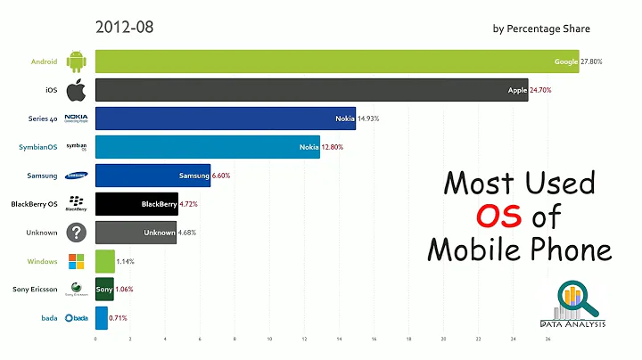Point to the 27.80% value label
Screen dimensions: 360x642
coord(597,61)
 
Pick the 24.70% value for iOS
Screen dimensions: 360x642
coord(546,90)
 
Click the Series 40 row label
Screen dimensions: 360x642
coord(43,119)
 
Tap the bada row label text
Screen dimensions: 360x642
coord(49,318)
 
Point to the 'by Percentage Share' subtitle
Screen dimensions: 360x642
coord(541,29)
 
